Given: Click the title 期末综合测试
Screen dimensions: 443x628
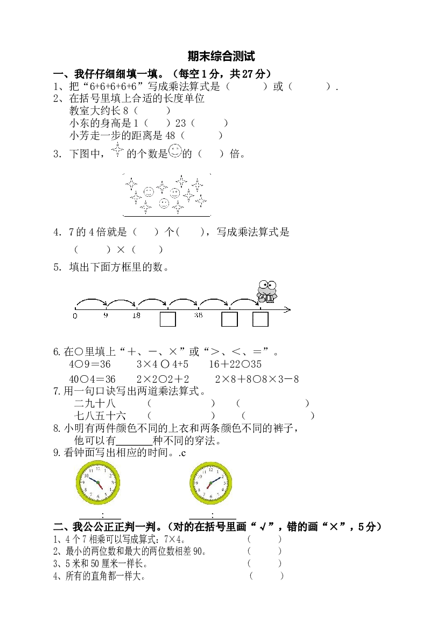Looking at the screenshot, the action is (x=221, y=57).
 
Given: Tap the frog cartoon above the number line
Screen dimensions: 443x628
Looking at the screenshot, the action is (x=267, y=291).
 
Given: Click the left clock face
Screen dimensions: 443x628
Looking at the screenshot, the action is (x=97, y=482).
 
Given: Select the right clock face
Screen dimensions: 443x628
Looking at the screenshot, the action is (x=210, y=484).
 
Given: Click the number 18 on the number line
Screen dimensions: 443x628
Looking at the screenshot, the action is (x=136, y=315).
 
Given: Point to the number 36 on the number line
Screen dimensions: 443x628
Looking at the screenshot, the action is (x=198, y=315).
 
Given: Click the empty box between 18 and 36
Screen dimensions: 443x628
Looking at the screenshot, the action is (x=168, y=319).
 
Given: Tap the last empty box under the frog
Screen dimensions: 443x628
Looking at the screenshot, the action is (x=261, y=319).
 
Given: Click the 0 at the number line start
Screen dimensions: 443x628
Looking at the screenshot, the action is (x=75, y=316).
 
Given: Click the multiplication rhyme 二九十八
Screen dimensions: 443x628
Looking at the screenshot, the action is (x=95, y=403).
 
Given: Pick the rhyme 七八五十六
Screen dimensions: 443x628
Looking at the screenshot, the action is (x=100, y=416).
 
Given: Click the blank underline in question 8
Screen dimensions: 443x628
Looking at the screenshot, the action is (x=134, y=445).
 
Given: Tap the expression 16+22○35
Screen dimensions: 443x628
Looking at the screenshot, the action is (x=235, y=364).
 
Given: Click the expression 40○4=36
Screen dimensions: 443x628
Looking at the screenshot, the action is (x=92, y=379).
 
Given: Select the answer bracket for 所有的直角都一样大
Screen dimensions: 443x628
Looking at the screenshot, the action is (x=266, y=576).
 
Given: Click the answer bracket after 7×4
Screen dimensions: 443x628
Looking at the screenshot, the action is (x=264, y=539).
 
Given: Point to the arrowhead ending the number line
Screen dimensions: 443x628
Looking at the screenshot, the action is (x=289, y=309).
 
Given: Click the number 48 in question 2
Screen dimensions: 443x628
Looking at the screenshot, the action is (x=170, y=136).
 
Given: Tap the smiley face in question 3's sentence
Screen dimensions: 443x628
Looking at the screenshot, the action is (x=175, y=151).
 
